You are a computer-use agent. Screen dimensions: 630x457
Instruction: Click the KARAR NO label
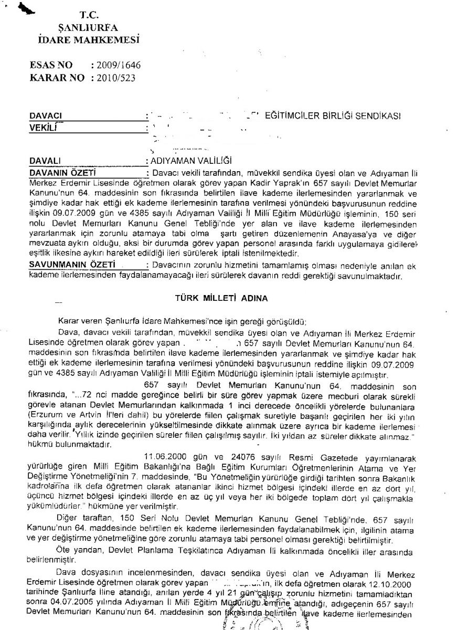tap(57, 77)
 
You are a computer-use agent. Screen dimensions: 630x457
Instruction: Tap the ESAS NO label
tap(51, 65)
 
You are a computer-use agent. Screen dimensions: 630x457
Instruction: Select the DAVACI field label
tap(46, 115)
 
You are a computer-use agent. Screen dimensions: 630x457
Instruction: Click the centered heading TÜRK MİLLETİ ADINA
tap(221, 298)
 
